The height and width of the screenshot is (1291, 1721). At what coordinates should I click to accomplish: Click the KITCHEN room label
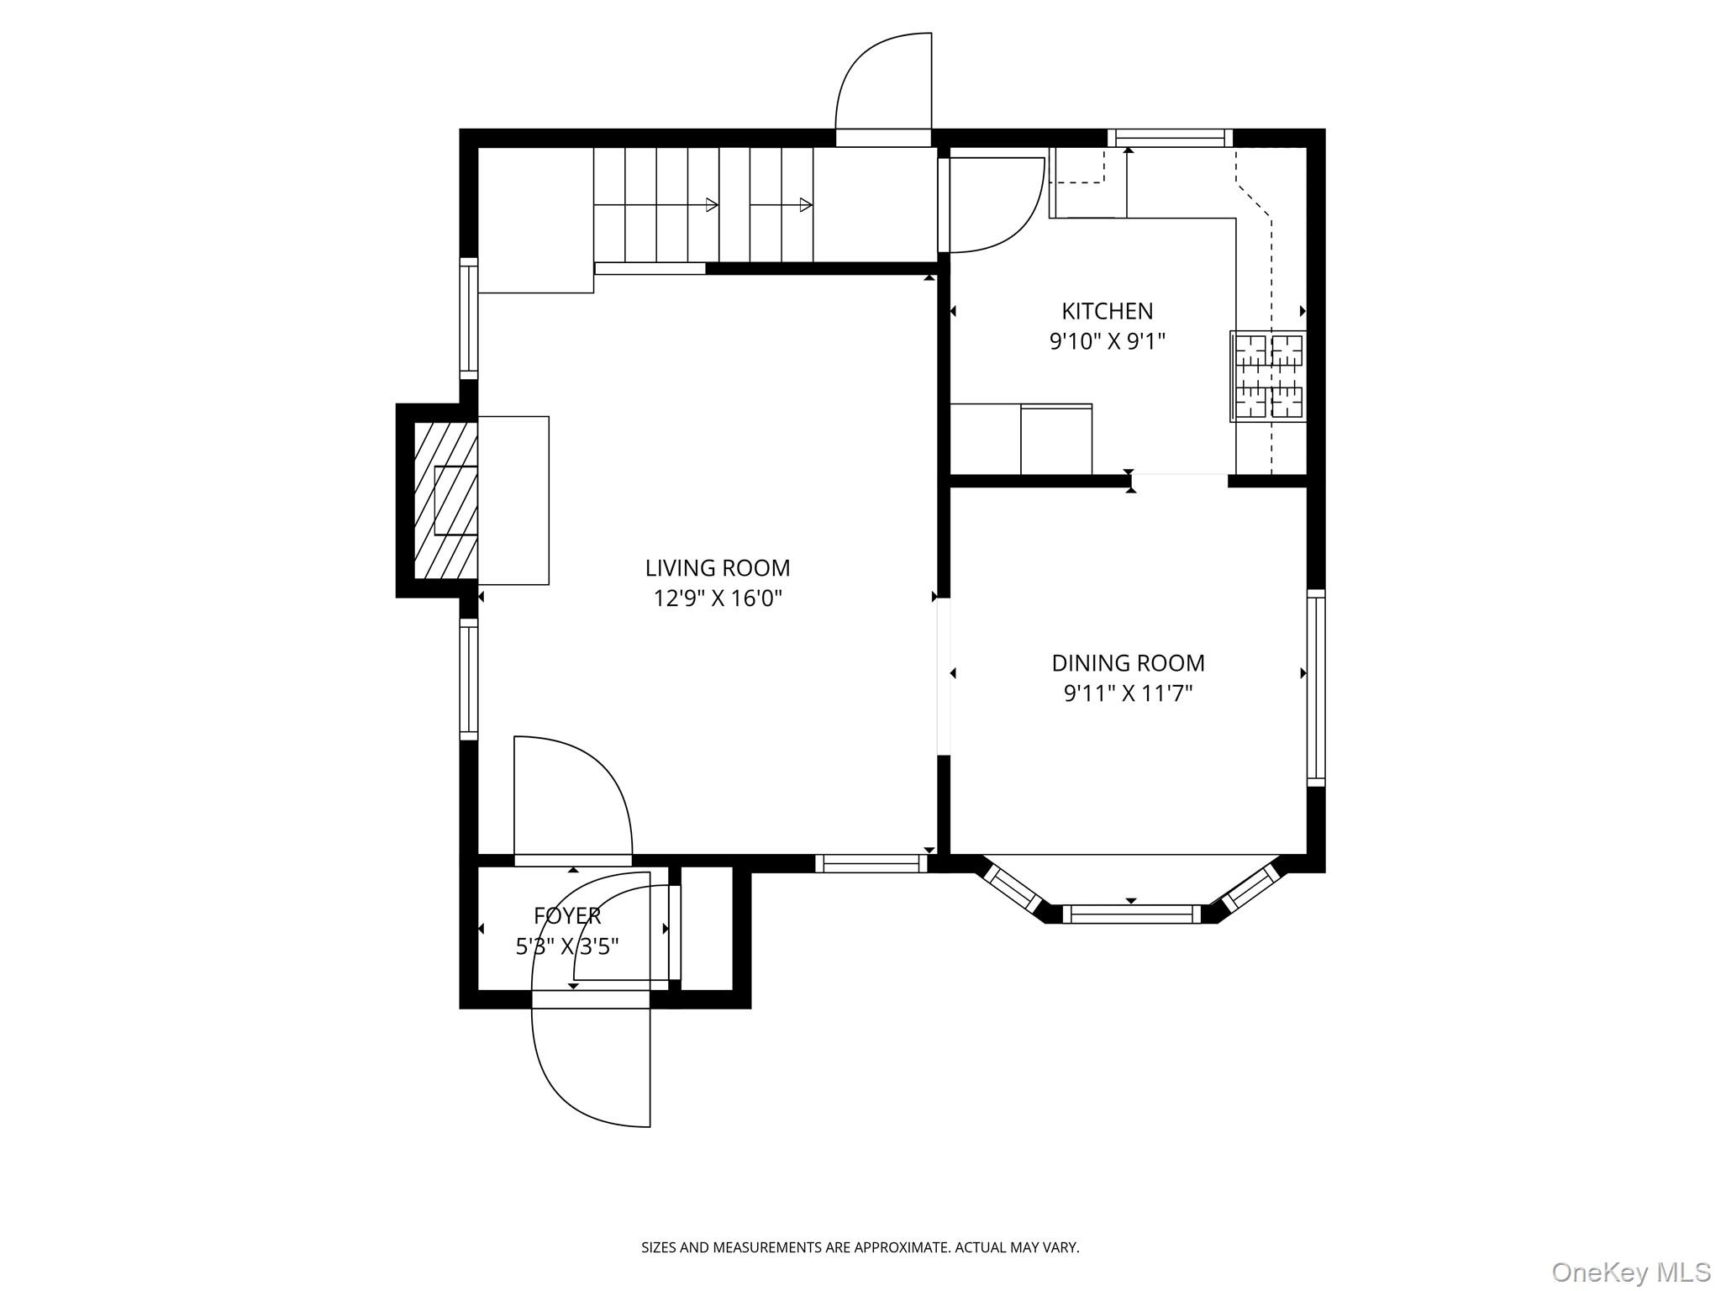(x=1107, y=311)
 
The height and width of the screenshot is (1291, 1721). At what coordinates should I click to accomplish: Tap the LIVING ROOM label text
(x=717, y=568)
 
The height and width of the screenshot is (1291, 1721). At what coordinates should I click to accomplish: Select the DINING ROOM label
(x=1128, y=663)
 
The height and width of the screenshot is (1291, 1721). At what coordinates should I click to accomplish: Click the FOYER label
(x=567, y=915)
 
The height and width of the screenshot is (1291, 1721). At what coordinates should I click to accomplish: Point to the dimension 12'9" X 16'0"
(x=718, y=598)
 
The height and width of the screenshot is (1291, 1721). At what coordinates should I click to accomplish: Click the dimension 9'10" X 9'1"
(x=1107, y=341)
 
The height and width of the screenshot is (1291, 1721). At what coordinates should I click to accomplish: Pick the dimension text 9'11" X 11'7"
(x=1128, y=693)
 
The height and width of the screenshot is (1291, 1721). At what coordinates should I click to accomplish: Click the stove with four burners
(x=1269, y=376)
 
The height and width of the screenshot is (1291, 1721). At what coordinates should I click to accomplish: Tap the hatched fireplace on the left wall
(x=446, y=500)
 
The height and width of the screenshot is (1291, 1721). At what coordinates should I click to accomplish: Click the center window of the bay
(x=1132, y=914)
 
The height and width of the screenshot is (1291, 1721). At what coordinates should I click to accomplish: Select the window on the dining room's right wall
(x=1316, y=688)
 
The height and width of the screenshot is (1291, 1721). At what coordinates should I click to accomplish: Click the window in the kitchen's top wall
(x=1170, y=138)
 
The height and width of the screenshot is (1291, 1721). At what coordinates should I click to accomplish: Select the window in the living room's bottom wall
(x=871, y=863)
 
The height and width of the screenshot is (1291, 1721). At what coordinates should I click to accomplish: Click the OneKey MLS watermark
(x=1630, y=1272)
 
